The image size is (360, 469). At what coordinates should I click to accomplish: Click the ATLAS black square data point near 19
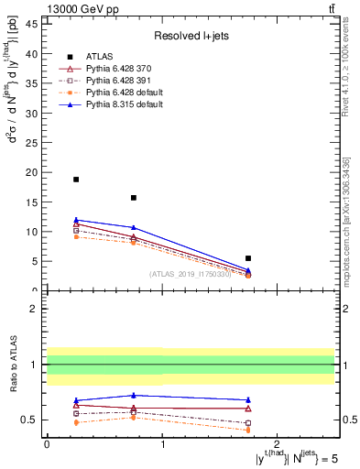[x=76, y=180]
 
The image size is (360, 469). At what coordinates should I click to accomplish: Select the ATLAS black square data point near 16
[x=134, y=198]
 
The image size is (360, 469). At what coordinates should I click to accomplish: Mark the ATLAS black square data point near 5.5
[x=248, y=258]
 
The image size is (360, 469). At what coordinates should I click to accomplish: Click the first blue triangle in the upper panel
[x=76, y=220]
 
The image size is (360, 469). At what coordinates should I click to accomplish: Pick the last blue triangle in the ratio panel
[x=248, y=400]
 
